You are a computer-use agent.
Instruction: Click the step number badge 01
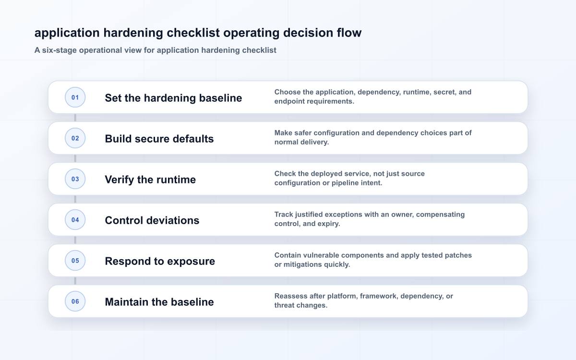pos(75,97)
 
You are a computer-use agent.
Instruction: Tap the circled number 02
pos(75,138)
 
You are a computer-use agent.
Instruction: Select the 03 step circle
pos(75,179)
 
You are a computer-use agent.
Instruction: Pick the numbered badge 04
pos(75,220)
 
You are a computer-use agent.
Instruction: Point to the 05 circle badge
pos(75,261)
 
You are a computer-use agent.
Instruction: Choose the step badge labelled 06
pos(75,301)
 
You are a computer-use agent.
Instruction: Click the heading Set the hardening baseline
pos(173,98)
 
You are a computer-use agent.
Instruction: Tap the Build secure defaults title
pos(159,139)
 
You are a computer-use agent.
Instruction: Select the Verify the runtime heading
pos(150,180)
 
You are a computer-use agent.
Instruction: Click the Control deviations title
pos(152,220)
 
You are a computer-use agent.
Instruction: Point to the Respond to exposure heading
pos(160,261)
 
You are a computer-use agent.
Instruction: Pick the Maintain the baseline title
pos(159,302)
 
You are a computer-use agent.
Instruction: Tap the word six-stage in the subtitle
pos(59,50)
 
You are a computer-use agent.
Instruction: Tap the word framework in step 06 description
pos(379,296)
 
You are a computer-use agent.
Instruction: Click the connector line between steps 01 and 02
pos(75,118)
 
